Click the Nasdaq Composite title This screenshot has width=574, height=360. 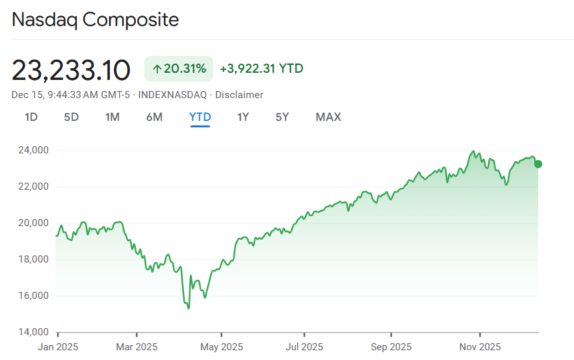96,19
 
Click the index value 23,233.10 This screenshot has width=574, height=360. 71,70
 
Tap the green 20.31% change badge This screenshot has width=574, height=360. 179,69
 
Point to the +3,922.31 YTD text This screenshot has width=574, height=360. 261,69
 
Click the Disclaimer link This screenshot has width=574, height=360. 239,95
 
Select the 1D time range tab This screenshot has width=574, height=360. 31,118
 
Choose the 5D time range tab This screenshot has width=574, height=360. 71,118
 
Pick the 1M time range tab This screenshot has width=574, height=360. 112,118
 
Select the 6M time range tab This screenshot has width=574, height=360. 154,118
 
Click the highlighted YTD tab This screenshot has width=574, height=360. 200,118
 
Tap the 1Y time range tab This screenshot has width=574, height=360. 242,118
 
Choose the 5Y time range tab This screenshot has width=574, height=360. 281,118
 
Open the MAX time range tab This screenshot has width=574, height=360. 328,118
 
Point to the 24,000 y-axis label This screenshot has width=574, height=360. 31,150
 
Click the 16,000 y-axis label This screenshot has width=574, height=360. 31,296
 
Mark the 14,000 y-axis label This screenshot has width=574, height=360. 31,332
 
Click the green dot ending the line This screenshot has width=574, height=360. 538,164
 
